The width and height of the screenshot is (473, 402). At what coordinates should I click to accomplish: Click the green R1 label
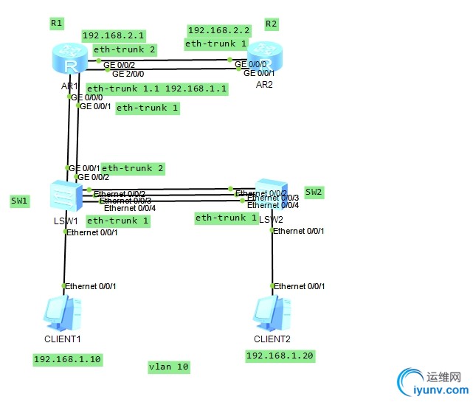pyautogui.click(x=57, y=24)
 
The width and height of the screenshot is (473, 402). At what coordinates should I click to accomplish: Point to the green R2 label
pyautogui.click(x=272, y=24)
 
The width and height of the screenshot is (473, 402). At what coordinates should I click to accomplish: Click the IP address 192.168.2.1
pyautogui.click(x=114, y=35)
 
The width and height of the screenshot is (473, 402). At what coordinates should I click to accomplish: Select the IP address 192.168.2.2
pyautogui.click(x=219, y=30)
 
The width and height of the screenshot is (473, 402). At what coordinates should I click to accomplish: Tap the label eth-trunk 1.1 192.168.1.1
pyautogui.click(x=157, y=89)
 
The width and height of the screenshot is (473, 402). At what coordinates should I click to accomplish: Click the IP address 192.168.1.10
pyautogui.click(x=67, y=359)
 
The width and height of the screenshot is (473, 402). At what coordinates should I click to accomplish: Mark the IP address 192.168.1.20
pyautogui.click(x=280, y=356)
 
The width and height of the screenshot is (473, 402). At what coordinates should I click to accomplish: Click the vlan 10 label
pyautogui.click(x=168, y=367)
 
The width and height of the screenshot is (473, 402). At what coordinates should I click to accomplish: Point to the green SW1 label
pyautogui.click(x=19, y=201)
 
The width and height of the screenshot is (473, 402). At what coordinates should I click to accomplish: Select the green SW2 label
pyautogui.click(x=314, y=192)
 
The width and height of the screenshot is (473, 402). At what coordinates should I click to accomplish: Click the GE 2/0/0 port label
pyautogui.click(x=128, y=74)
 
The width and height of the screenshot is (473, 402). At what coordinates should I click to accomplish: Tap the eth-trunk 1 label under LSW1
pyautogui.click(x=118, y=221)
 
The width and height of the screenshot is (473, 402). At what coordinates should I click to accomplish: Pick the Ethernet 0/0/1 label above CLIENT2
pyautogui.click(x=299, y=286)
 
